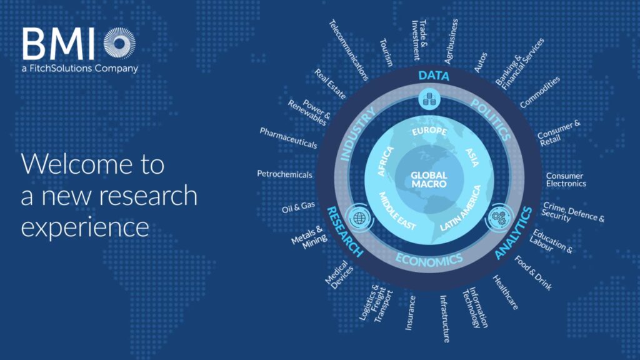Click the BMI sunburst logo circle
pyautogui.click(x=119, y=43)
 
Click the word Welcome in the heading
pyautogui.click(x=75, y=164)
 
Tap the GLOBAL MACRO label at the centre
pyautogui.click(x=429, y=179)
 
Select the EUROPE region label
pyautogui.click(x=429, y=131)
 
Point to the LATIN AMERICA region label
pyautogui.click(x=461, y=209)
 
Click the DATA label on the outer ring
pyautogui.click(x=434, y=76)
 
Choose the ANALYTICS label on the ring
pyautogui.click(x=514, y=233)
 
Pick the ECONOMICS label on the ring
pyautogui.click(x=429, y=259)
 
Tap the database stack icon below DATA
pyautogui.click(x=429, y=99)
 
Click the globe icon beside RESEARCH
pyautogui.click(x=359, y=218)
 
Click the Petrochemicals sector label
pyautogui.click(x=284, y=174)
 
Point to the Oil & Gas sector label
pyautogui.click(x=298, y=207)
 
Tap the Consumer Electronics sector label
pyautogui.click(x=566, y=179)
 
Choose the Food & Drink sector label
pyautogui.click(x=533, y=273)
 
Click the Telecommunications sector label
pyautogui.click(x=349, y=50)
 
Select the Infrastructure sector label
pyautogui.click(x=444, y=319)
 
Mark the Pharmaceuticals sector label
pyautogui.click(x=289, y=138)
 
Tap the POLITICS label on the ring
pyautogui.click(x=491, y=120)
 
